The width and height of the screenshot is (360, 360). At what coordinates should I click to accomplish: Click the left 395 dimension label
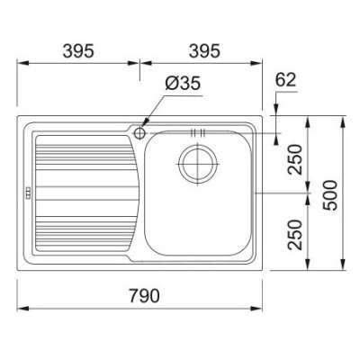78,51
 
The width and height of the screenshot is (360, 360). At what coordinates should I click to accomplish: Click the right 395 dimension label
204,51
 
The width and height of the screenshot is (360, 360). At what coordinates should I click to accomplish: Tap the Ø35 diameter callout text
183,83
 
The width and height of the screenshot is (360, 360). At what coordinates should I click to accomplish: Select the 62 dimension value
285,80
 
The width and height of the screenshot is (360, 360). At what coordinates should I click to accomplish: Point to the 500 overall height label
329,195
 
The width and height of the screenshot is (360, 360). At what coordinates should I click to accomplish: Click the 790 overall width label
145,295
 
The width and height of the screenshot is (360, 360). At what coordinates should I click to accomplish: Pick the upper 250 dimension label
294,159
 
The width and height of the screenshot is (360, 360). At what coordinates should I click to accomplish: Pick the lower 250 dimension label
294,235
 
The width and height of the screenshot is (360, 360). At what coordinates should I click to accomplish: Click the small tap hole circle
139,132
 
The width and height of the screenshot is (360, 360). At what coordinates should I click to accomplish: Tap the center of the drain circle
197,164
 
